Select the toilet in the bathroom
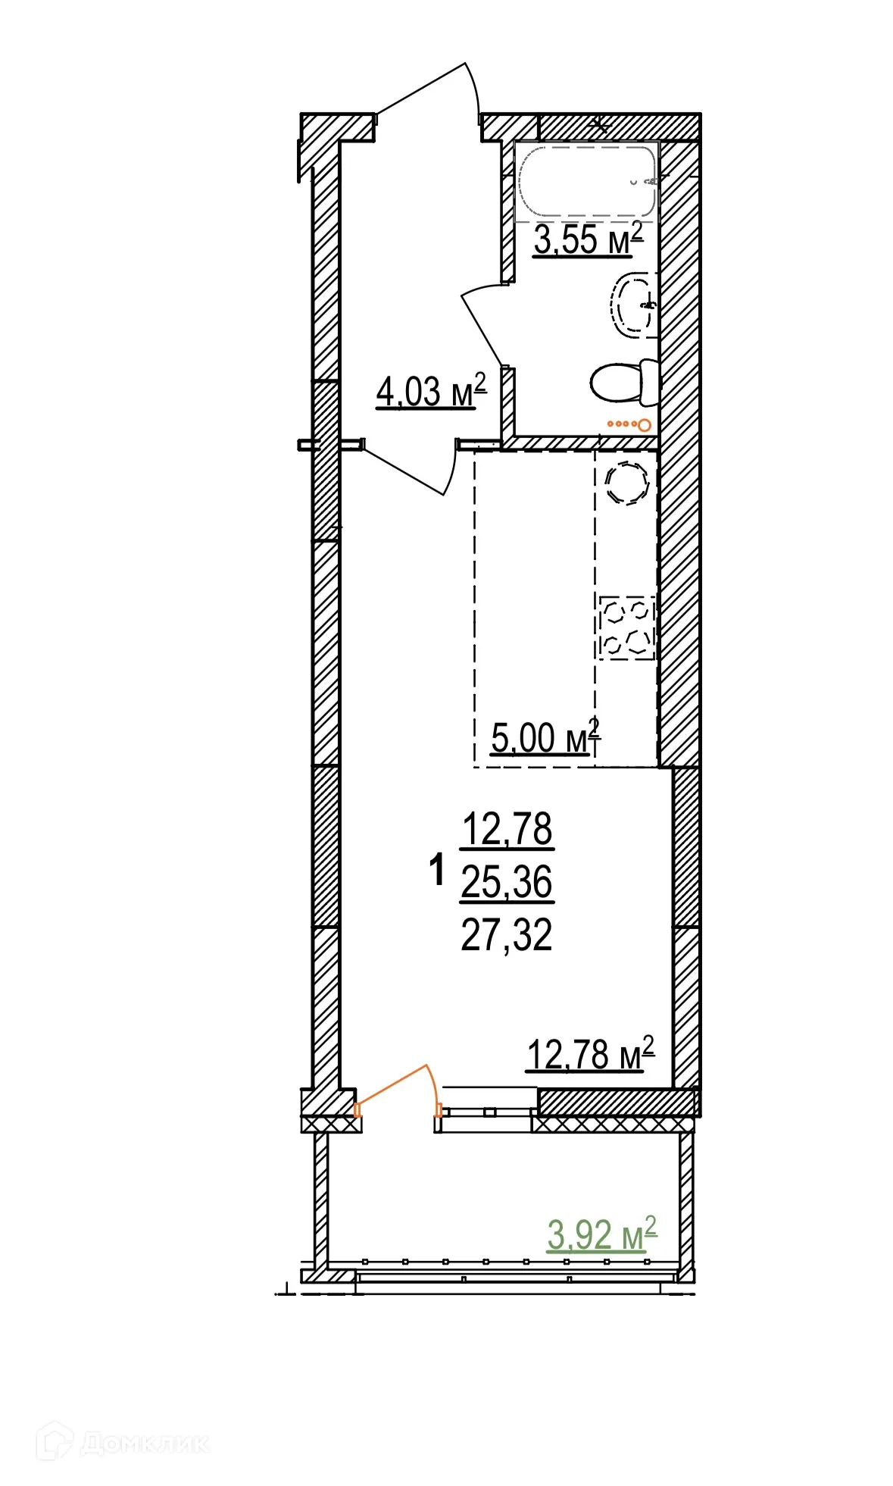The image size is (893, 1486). [x=623, y=383]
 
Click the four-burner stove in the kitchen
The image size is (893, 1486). [x=626, y=627]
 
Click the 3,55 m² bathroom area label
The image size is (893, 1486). [x=588, y=239]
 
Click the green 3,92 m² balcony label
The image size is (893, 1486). [x=601, y=1234]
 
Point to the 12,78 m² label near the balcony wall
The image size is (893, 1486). [x=589, y=1054]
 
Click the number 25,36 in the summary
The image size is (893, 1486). [x=507, y=882]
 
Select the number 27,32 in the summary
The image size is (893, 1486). [x=507, y=934]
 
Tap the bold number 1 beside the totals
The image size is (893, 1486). [x=436, y=870]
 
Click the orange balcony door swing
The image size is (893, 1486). [x=400, y=1087]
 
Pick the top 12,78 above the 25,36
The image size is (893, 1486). [x=507, y=829]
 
